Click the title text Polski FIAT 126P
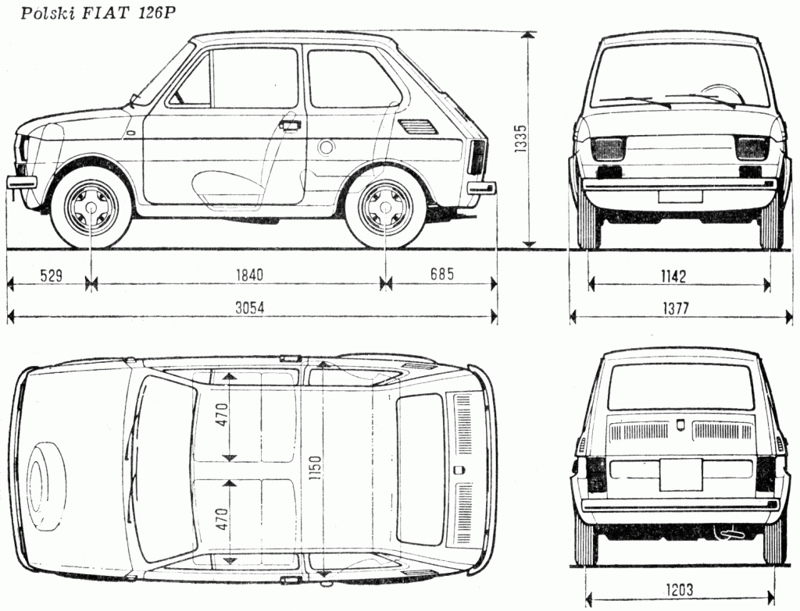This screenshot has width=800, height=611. [x=94, y=13]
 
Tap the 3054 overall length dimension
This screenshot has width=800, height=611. [x=251, y=307]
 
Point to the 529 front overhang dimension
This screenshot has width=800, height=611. [x=49, y=275]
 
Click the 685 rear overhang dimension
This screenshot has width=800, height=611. [x=441, y=275]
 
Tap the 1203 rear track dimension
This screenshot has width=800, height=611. [x=677, y=590]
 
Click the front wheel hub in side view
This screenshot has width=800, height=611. [x=91, y=208]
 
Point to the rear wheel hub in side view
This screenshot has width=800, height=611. [x=385, y=208]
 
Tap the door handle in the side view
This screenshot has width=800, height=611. [x=289, y=125]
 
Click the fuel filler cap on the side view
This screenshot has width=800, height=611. [x=326, y=146]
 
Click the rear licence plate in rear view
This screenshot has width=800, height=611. [x=680, y=474]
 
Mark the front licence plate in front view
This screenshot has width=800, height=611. [x=680, y=197]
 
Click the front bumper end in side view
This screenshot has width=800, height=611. [x=22, y=182]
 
